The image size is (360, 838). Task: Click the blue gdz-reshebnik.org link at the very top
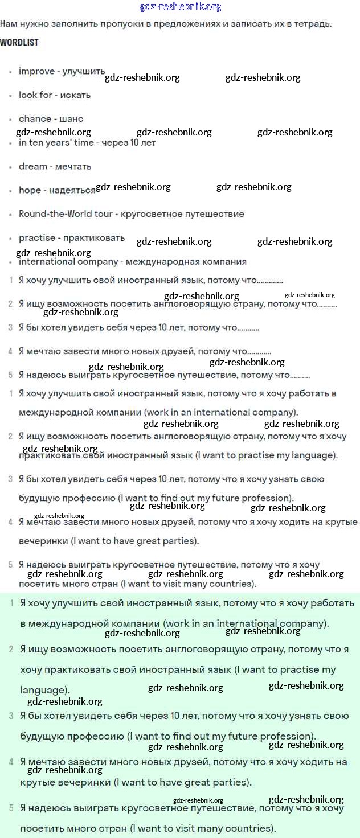coord(180,7)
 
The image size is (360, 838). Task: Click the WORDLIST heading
coord(19,43)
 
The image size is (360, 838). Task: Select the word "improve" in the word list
coord(36,72)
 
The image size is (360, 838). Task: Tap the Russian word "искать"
coord(76,95)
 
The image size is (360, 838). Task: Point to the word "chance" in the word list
coord(35,119)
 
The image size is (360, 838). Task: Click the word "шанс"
coord(71,119)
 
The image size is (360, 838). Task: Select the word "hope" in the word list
coord(30,191)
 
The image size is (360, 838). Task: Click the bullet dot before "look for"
coord(10,96)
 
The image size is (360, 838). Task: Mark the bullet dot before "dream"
coord(10,167)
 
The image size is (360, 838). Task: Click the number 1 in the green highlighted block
coord(13,602)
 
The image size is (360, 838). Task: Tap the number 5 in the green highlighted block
coord(11,808)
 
